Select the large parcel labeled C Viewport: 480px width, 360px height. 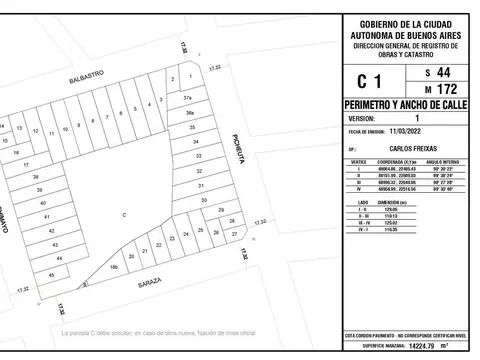click(x=124, y=215)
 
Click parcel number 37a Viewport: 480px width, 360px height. click(x=187, y=98)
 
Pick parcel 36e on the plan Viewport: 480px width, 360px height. click(x=189, y=115)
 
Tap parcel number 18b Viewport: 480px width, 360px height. click(x=114, y=267)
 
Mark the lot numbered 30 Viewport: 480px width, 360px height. click(x=203, y=200)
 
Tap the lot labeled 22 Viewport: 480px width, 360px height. click(x=158, y=247)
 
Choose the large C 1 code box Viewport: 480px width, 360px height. click(x=369, y=82)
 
